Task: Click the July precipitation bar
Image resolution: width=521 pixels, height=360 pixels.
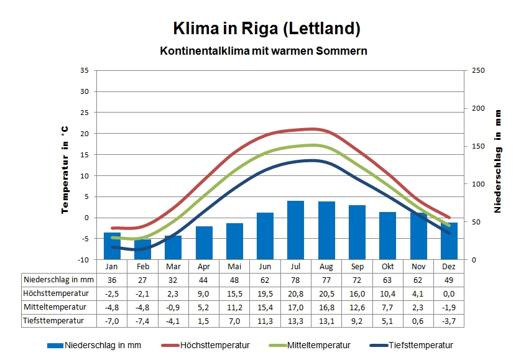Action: point(295,229)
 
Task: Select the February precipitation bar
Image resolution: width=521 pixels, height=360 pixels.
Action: point(142,249)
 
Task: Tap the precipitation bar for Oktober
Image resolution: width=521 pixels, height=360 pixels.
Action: point(387,235)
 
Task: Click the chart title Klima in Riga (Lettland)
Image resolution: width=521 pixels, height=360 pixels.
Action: point(266,29)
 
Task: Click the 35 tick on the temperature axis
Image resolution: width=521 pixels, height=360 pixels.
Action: point(85,70)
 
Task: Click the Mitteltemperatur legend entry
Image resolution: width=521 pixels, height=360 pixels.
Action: point(318,345)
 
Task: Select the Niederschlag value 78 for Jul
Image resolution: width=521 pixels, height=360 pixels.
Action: point(295,280)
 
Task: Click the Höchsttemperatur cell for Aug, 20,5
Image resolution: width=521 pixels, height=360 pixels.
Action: point(326,293)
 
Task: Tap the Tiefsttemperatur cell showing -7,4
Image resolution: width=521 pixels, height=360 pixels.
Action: point(142,321)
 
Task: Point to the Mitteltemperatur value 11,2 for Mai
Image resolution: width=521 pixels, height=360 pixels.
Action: point(234,307)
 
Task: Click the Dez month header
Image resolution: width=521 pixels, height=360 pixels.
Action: point(449,266)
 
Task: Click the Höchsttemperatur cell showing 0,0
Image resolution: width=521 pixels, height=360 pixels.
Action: point(449,293)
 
